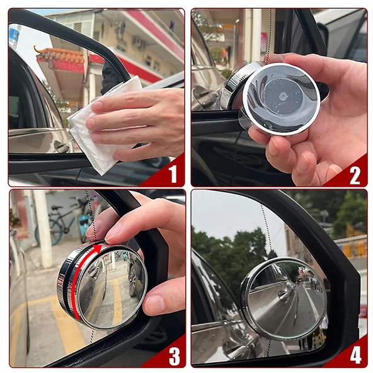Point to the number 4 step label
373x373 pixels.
[355, 356]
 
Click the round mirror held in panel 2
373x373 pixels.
[277, 98]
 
